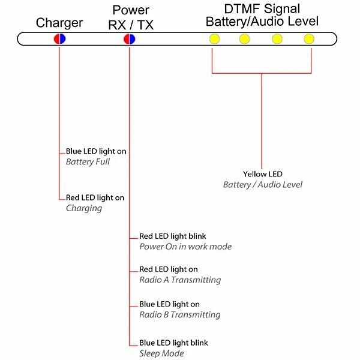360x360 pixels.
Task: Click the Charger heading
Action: pyautogui.click(x=59, y=23)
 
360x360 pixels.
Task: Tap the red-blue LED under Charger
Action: pyautogui.click(x=59, y=39)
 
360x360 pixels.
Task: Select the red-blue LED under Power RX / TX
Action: pyautogui.click(x=129, y=39)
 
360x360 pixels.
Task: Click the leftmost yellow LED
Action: pyautogui.click(x=214, y=39)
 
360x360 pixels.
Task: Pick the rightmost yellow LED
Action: pyautogui.click(x=308, y=39)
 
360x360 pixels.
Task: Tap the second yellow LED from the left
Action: pyautogui.click(x=244, y=39)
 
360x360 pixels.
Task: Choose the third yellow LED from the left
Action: pyautogui.click(x=277, y=39)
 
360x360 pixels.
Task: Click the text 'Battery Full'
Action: pyautogui.click(x=88, y=162)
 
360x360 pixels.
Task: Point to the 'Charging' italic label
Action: pyautogui.click(x=84, y=208)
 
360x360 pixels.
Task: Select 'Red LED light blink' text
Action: pyautogui.click(x=173, y=236)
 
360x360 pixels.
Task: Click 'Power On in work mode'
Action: pyautogui.click(x=185, y=247)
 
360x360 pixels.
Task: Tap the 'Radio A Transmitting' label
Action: pyautogui.click(x=180, y=280)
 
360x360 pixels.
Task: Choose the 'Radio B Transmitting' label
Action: pyautogui.click(x=180, y=314)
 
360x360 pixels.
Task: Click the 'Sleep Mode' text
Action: pyautogui.click(x=161, y=353)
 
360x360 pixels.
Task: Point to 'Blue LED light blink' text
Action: pyautogui.click(x=174, y=343)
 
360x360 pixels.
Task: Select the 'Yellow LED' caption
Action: pyautogui.click(x=262, y=174)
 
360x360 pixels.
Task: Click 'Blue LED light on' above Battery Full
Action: pyautogui.click(x=96, y=152)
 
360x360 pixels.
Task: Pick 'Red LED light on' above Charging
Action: pyautogui.click(x=95, y=197)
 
